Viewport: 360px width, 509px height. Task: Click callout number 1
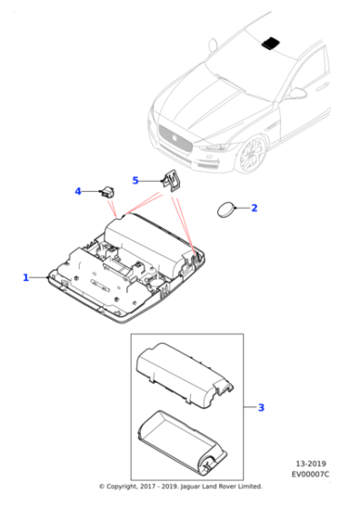click(x=25, y=277)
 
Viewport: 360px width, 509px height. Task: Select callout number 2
click(x=254, y=208)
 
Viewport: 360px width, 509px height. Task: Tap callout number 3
click(x=261, y=407)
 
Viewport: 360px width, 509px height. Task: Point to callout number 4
click(x=78, y=191)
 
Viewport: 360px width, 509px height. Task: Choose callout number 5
click(x=135, y=180)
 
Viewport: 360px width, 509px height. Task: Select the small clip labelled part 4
click(x=109, y=192)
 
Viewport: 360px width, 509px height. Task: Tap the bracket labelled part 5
click(x=170, y=180)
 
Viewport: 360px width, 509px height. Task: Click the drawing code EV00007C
click(x=313, y=474)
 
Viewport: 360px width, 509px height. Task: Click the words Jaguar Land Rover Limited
click(x=222, y=486)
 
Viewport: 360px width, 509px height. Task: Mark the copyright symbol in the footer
click(x=102, y=486)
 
